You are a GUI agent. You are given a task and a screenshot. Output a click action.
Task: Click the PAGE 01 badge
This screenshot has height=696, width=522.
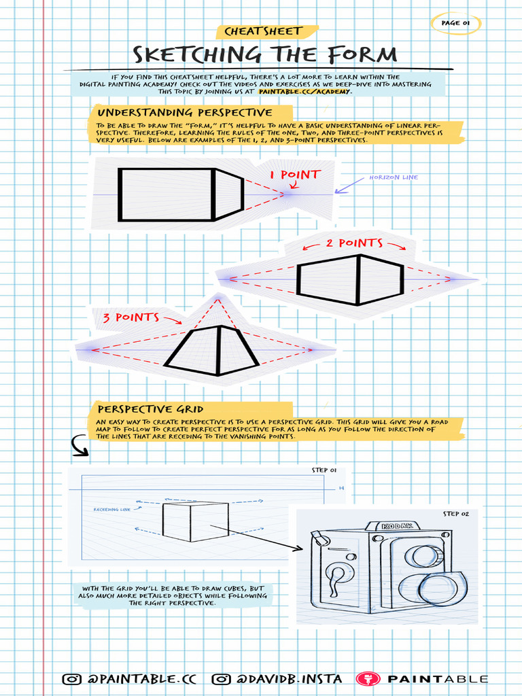pyautogui.click(x=456, y=23)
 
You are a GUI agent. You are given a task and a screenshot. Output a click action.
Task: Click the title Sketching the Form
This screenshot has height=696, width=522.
pyautogui.click(x=265, y=54)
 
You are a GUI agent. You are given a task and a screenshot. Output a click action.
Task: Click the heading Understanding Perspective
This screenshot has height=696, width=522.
pyautogui.click(x=185, y=113)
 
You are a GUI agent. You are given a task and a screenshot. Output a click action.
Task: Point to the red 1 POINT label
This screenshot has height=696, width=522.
pyautogui.click(x=294, y=175)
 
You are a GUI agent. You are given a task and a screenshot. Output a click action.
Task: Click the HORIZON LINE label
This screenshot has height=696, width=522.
pyautogui.click(x=394, y=177)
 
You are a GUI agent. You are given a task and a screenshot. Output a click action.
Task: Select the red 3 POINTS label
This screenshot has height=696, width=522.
pyautogui.click(x=131, y=317)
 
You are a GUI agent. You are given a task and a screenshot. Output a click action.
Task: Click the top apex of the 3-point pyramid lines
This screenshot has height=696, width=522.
pyautogui.click(x=217, y=297)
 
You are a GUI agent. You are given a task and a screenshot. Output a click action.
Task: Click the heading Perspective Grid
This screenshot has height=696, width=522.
pyautogui.click(x=151, y=409)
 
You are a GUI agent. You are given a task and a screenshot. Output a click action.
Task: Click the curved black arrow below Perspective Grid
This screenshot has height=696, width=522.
pyautogui.click(x=80, y=447)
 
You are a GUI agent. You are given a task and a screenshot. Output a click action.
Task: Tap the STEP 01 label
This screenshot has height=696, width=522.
pyautogui.click(x=324, y=470)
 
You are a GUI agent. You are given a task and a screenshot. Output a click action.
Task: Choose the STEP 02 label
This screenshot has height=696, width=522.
pyautogui.click(x=455, y=514)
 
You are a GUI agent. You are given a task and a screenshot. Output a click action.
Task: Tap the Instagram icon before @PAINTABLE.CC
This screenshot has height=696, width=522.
pyautogui.click(x=71, y=679)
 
